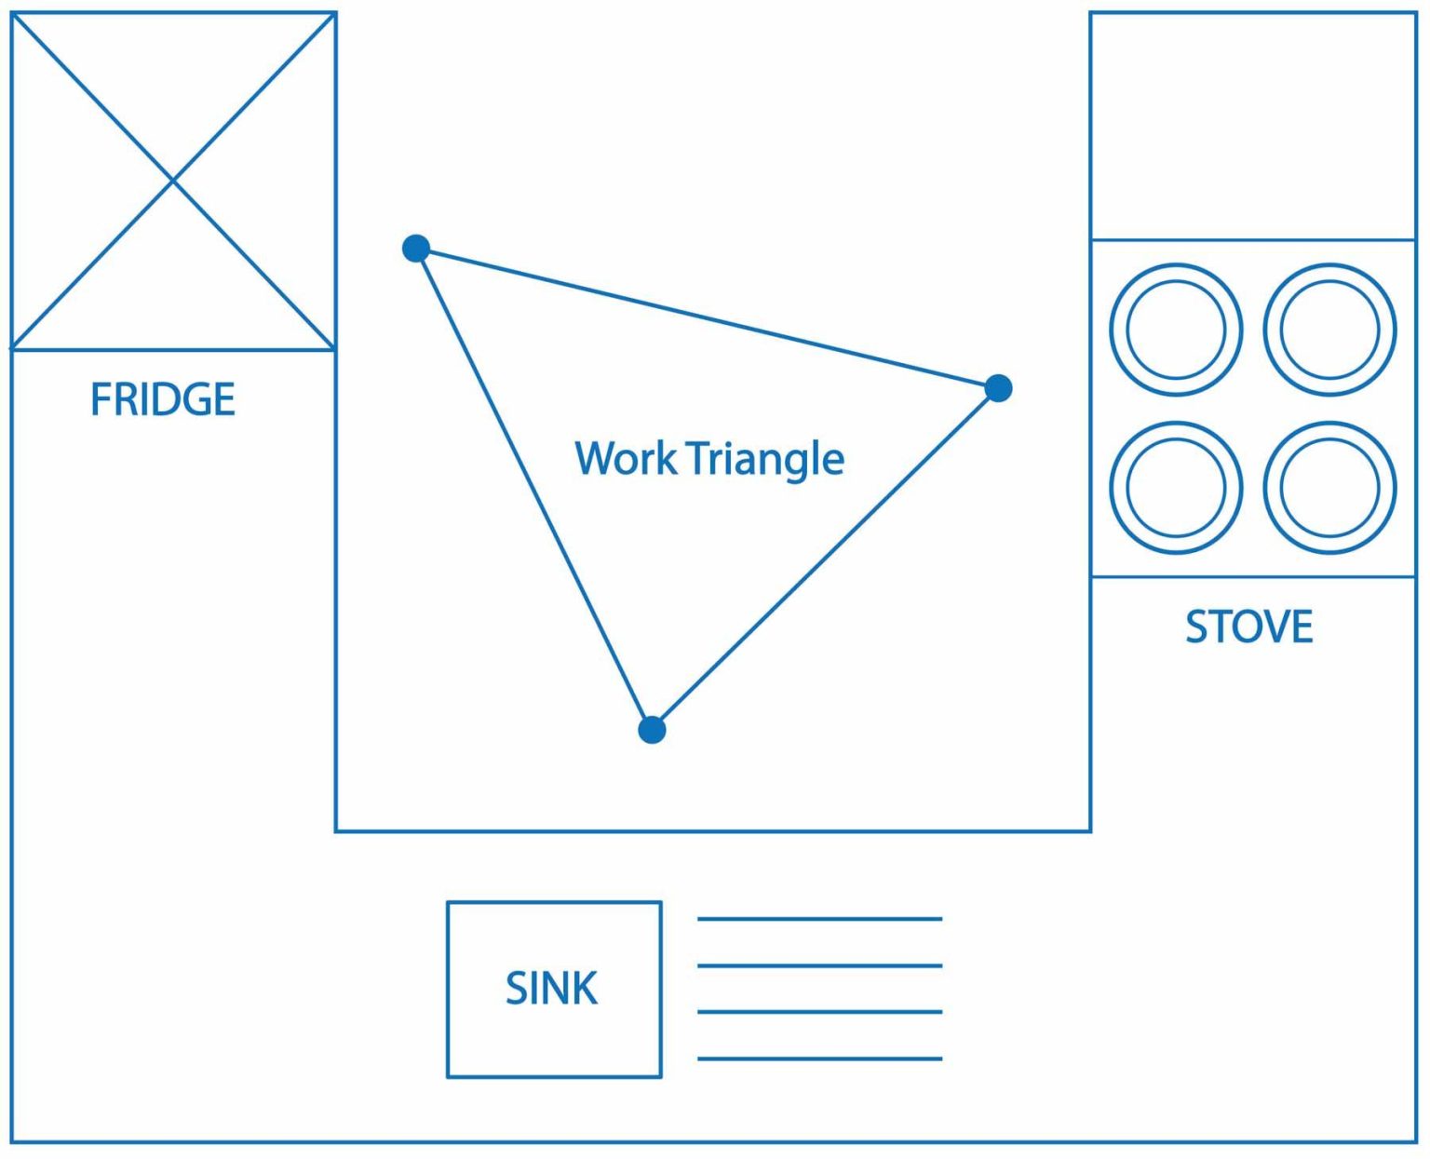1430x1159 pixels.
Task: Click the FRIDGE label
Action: click(163, 399)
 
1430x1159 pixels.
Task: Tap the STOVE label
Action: click(1248, 627)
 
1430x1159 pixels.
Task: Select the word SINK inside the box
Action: click(551, 988)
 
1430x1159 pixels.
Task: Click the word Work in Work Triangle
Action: click(626, 458)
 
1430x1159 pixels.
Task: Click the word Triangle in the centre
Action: click(765, 459)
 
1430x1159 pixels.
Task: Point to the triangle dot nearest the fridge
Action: click(416, 249)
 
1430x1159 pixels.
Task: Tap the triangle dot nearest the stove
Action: click(998, 388)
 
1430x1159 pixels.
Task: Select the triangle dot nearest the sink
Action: click(652, 730)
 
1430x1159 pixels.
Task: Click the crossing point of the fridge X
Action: click(173, 181)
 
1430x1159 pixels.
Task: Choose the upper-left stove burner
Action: click(1176, 330)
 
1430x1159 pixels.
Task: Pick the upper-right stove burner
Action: click(1329, 330)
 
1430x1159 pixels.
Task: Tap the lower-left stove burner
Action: click(1176, 487)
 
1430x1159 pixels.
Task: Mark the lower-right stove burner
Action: click(1329, 487)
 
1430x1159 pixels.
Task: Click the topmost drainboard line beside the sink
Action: click(819, 919)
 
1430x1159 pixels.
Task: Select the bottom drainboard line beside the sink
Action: click(819, 1058)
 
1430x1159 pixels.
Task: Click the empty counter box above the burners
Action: click(1253, 126)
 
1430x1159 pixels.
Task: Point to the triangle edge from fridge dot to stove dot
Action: click(708, 318)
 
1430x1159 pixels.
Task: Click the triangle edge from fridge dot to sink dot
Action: click(534, 490)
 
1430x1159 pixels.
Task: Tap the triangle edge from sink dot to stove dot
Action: click(825, 559)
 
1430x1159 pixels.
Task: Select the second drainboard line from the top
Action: click(819, 965)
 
